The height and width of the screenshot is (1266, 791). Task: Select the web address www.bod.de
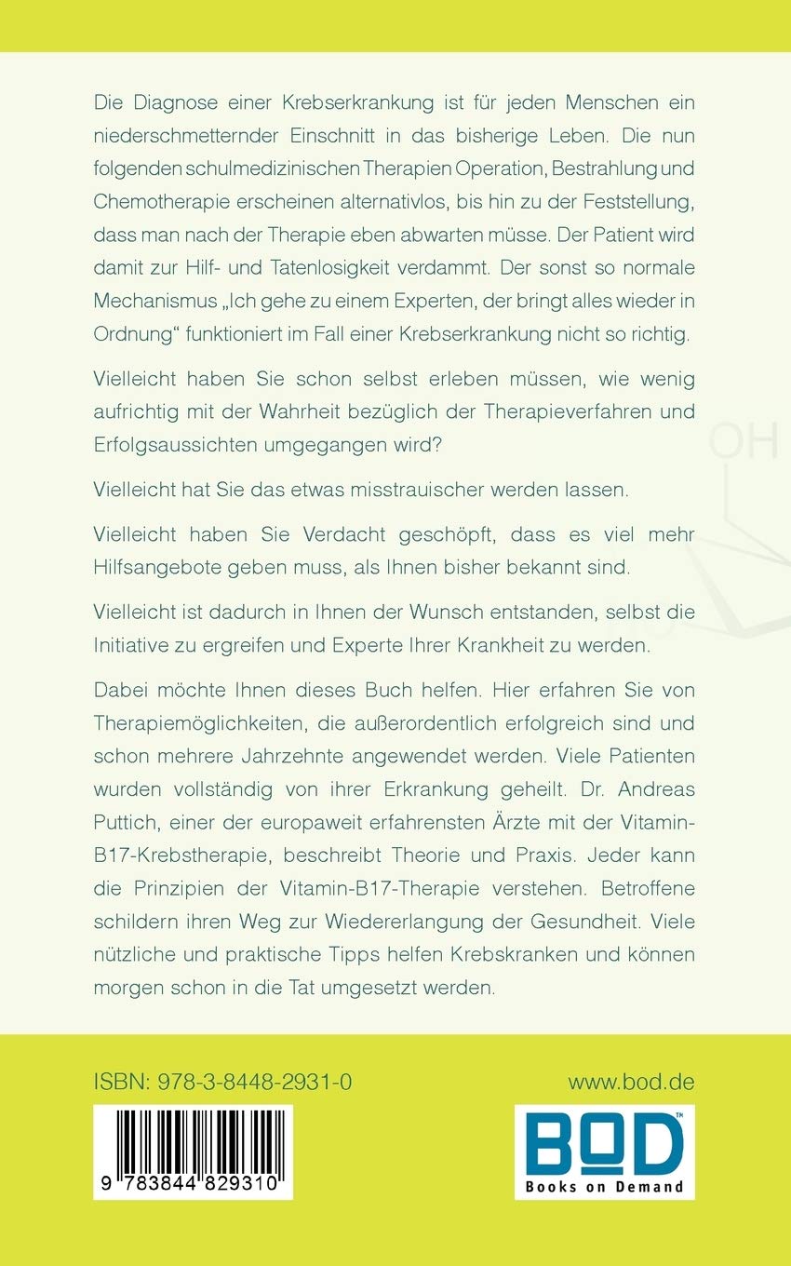[x=631, y=1083]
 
